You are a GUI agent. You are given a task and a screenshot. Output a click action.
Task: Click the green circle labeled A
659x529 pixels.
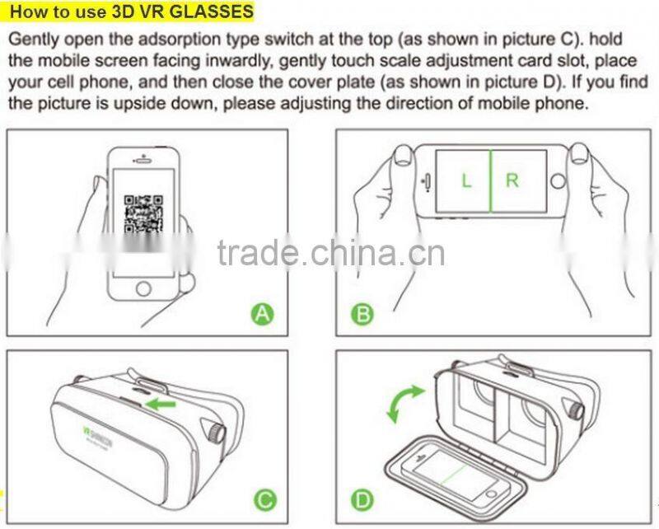tap(262, 314)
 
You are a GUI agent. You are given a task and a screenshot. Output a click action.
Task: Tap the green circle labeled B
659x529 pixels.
tap(363, 314)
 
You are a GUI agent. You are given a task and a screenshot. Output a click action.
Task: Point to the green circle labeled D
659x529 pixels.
tap(363, 500)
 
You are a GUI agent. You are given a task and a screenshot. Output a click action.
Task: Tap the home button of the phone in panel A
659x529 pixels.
tap(143, 288)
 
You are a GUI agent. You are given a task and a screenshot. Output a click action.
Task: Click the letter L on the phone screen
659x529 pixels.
tap(466, 180)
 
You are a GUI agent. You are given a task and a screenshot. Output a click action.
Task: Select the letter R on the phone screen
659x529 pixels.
tap(512, 180)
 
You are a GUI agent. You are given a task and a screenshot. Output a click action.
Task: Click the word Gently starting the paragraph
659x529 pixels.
tap(32, 40)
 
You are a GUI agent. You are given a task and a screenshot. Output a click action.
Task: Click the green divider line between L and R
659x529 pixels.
tap(491, 181)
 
